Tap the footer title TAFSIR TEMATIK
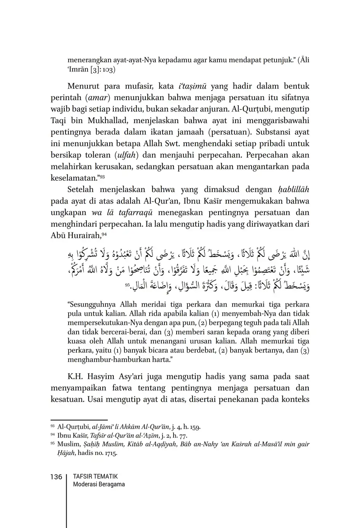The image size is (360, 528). (x=95, y=477)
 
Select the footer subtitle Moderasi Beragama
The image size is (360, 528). (x=99, y=485)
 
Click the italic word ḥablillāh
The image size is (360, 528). (x=293, y=189)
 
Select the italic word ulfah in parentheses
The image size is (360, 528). (x=126, y=155)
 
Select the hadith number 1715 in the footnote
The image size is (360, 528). (x=109, y=453)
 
